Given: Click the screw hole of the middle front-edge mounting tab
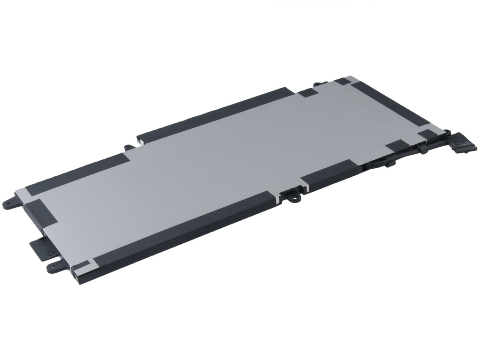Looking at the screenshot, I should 294,198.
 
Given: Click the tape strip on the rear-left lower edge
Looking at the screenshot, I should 77,173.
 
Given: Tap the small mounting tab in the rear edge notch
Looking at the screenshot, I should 130,147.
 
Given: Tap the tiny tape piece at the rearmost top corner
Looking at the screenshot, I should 342,81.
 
